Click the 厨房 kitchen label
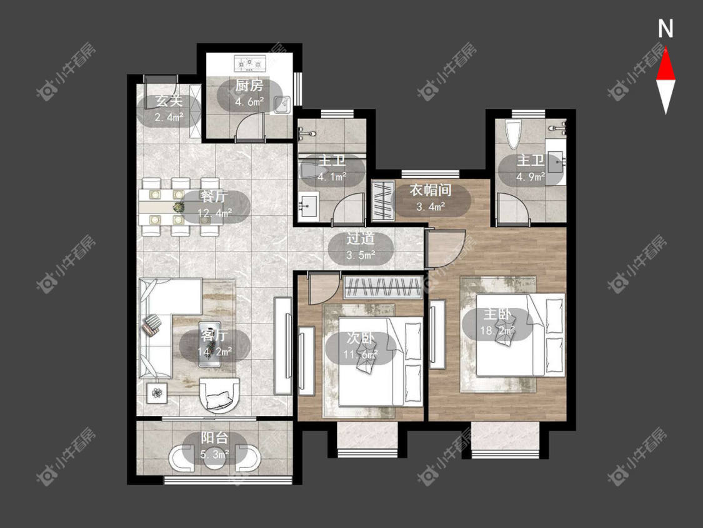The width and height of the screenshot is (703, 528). (x=249, y=85)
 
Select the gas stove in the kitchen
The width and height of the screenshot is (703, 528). (x=250, y=64)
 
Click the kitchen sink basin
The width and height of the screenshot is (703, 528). (x=282, y=105)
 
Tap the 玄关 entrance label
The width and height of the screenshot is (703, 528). (x=169, y=101)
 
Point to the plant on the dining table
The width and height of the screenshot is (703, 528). (x=179, y=207)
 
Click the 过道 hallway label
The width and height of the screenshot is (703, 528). (x=360, y=238)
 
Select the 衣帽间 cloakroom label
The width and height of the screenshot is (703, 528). (x=430, y=190)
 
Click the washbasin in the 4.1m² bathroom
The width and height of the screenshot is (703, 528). (x=308, y=206)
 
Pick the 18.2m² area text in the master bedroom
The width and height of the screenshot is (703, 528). (x=497, y=331)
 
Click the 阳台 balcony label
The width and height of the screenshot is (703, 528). (x=214, y=438)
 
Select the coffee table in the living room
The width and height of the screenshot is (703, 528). (x=210, y=343)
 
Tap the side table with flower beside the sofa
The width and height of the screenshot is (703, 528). (x=157, y=393)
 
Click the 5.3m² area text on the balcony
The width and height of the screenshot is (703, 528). (x=215, y=454)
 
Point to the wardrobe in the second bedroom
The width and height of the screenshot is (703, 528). (x=383, y=287)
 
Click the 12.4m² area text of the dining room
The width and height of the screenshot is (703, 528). (x=215, y=212)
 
